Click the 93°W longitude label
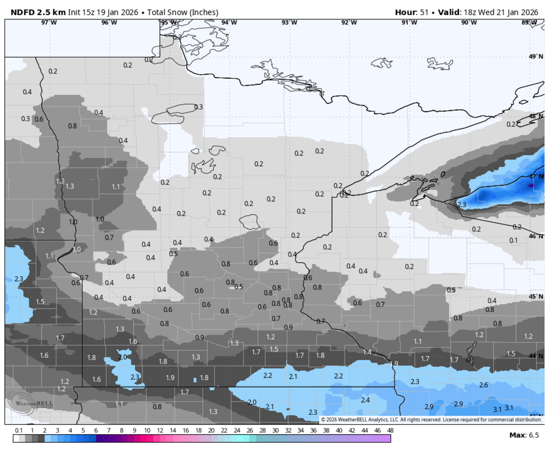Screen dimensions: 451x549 [289, 22]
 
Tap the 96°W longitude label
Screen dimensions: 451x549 [109, 22]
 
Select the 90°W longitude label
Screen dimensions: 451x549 [469, 22]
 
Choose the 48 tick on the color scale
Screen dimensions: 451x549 [390, 430]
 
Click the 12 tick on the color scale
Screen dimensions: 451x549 [160, 430]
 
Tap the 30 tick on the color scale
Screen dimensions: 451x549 [275, 430]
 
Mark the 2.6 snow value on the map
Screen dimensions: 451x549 [483, 385]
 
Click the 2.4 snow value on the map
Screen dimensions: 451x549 [365, 400]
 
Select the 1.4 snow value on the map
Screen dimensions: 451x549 [367, 352]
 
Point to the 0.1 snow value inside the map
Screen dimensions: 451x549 [513, 240]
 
